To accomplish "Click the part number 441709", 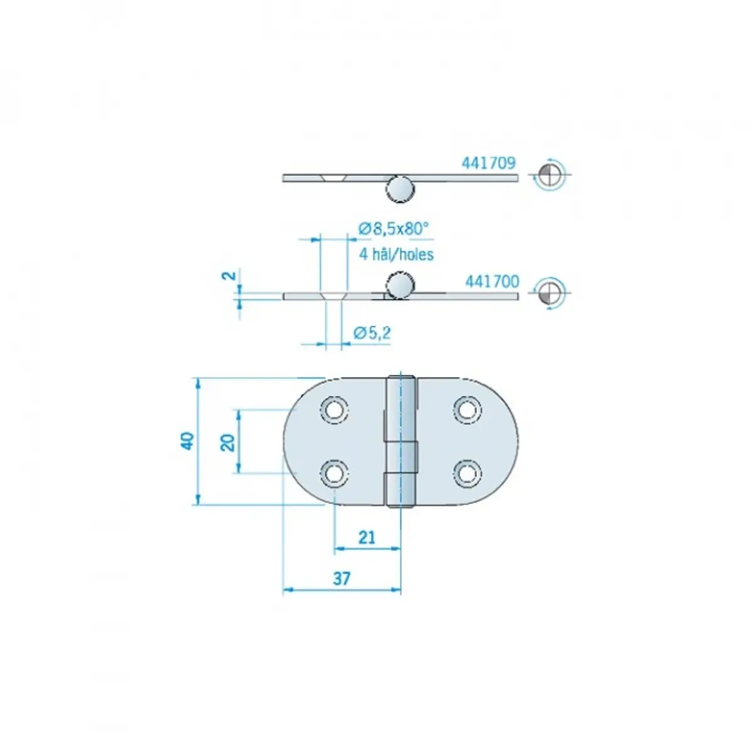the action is (x=488, y=163).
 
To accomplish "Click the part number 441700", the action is (x=492, y=281).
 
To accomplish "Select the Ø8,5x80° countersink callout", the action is (x=393, y=229).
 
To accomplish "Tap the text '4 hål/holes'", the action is (x=396, y=254).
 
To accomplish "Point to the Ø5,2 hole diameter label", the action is (x=372, y=333).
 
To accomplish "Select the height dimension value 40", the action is (x=187, y=441).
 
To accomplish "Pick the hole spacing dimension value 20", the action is (x=228, y=443).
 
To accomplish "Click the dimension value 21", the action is (x=367, y=537).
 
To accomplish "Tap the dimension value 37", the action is (x=342, y=578).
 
